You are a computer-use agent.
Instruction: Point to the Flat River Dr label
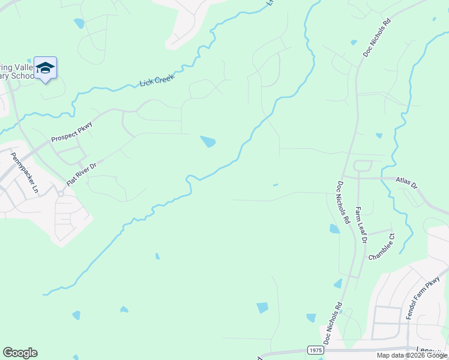(x=82, y=173)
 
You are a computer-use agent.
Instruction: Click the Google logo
(x=20, y=353)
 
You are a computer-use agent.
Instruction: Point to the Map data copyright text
(x=412, y=355)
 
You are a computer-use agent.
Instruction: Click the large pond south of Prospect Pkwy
(x=208, y=142)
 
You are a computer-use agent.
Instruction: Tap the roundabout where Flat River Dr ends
(x=61, y=194)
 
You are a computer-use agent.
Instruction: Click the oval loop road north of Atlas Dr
(x=363, y=166)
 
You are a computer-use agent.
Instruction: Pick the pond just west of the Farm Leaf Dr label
(x=334, y=229)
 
